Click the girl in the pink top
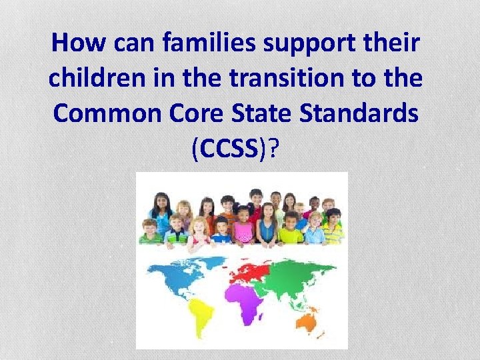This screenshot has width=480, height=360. (x=243, y=230)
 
